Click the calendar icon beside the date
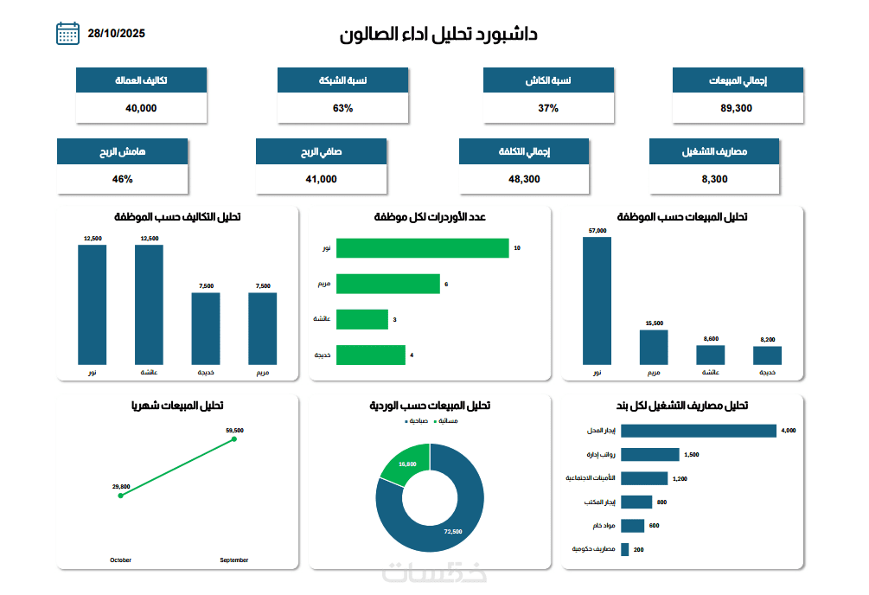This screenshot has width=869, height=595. pyautogui.click(x=67, y=34)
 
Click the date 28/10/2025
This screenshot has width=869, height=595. pyautogui.click(x=116, y=34)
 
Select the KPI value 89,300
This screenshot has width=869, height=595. pyautogui.click(x=737, y=108)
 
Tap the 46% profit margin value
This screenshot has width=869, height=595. pyautogui.click(x=122, y=179)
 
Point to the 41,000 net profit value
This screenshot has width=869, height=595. pyautogui.click(x=321, y=179)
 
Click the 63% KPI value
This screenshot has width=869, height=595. pyautogui.click(x=342, y=108)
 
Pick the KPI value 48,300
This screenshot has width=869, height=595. pyautogui.click(x=524, y=179)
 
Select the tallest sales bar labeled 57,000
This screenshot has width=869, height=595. pyautogui.click(x=597, y=300)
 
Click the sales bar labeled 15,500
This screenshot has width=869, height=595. pyautogui.click(x=654, y=347)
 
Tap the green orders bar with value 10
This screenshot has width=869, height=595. pyautogui.click(x=422, y=248)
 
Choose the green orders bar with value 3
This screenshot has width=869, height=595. pyautogui.click(x=361, y=320)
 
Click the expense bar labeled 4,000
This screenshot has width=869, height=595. pyautogui.click(x=699, y=431)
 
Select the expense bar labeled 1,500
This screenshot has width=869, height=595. pyautogui.click(x=650, y=454)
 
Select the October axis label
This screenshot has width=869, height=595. pyautogui.click(x=121, y=560)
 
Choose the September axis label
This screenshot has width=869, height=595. pyautogui.click(x=233, y=560)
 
